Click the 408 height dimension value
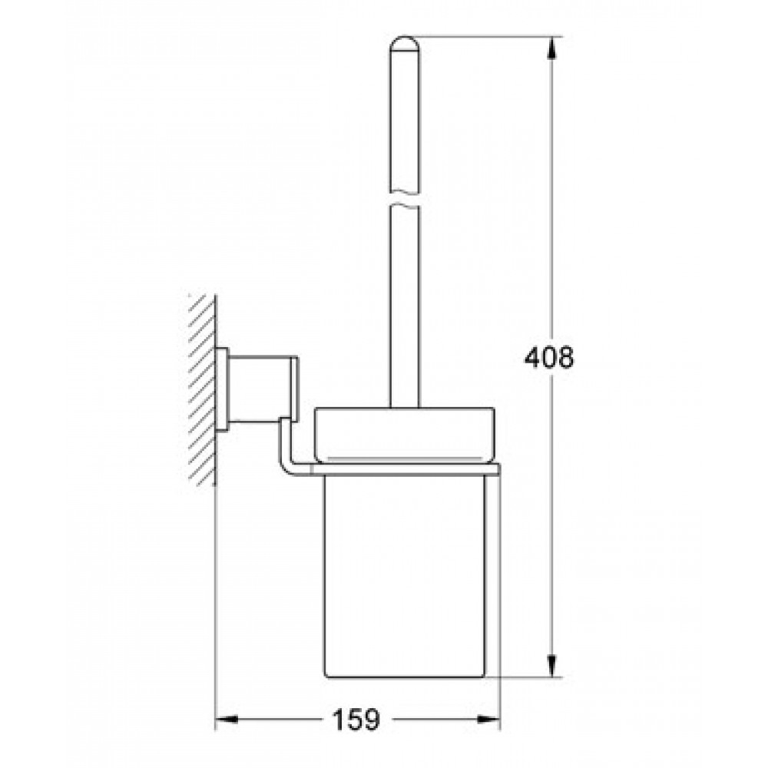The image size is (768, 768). coord(548,358)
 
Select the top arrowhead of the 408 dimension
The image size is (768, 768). coord(551,49)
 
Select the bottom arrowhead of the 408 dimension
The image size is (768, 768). coord(551,666)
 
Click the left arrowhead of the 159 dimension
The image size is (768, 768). coord(227,720)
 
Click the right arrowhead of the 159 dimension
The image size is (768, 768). coord(488,720)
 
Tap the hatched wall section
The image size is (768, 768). coord(202,390)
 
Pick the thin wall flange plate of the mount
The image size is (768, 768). coord(223,390)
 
